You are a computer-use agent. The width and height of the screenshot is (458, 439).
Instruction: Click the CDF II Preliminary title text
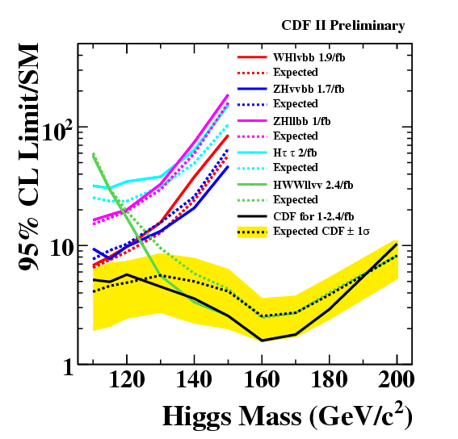point(343,26)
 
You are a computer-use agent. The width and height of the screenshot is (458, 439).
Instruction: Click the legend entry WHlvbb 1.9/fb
point(309,57)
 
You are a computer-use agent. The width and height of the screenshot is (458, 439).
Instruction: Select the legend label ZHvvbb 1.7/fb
point(309,89)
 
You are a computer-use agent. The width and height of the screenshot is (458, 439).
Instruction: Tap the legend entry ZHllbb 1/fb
point(302,121)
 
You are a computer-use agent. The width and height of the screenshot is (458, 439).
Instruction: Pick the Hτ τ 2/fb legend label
point(295,153)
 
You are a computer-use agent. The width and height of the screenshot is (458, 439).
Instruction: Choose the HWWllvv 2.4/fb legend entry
point(313,185)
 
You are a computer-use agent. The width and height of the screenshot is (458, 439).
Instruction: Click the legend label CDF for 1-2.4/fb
point(313,216)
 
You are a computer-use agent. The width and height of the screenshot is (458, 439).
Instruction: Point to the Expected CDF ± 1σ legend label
point(321,231)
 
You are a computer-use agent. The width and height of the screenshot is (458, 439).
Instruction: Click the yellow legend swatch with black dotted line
point(252,232)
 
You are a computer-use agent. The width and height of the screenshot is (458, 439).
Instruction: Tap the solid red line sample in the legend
point(252,57)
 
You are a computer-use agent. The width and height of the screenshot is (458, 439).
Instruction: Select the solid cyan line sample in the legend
point(252,153)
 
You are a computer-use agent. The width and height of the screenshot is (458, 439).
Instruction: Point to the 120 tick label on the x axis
point(127,380)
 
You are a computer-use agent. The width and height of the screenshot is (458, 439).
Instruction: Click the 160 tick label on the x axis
point(262,380)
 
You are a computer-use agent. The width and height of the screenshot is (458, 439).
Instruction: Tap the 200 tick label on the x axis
point(396,380)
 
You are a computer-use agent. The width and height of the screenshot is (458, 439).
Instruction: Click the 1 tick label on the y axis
point(69,366)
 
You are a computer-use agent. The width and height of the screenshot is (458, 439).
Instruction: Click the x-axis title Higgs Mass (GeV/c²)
point(288,416)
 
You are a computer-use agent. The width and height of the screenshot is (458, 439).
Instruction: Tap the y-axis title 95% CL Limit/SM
point(28,157)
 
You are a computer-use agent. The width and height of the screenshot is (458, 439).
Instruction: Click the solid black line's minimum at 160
point(262,341)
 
